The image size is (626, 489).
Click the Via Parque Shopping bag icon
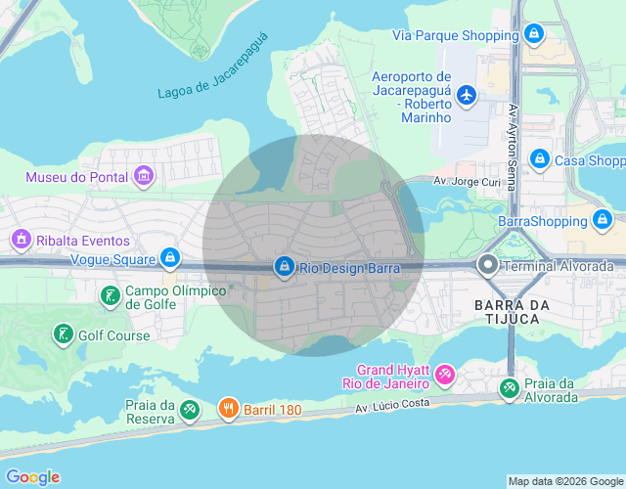tap(533, 35)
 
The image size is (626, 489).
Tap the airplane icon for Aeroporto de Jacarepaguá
tap(467, 95)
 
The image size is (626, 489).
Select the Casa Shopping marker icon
tap(539, 159)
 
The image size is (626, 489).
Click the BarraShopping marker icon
tap(604, 221)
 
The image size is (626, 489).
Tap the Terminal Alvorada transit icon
tap(487, 265)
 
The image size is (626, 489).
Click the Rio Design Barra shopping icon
tap(285, 266)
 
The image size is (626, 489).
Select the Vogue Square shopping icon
tap(170, 259)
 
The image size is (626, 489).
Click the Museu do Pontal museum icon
tap(144, 177)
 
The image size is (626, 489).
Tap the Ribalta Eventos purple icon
tap(20, 240)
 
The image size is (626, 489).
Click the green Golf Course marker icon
tap(64, 335)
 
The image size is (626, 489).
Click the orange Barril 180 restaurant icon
tap(228, 409)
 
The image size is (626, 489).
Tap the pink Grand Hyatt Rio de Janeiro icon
tap(445, 376)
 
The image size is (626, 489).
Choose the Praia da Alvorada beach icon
tap(509, 389)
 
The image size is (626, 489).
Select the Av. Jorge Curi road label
tap(467, 182)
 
